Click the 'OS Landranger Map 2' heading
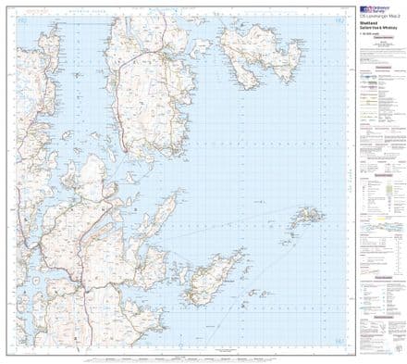tap(379, 16)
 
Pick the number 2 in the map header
tap(399, 16)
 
